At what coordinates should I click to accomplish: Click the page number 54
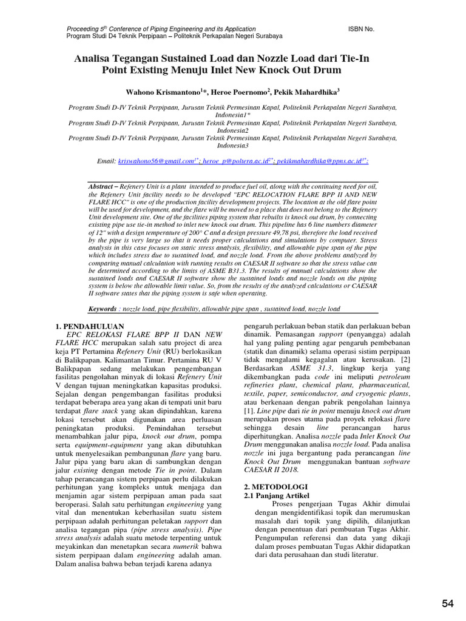pyautogui.click(x=448, y=603)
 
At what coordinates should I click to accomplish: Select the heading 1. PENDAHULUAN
pyautogui.click(x=90, y=326)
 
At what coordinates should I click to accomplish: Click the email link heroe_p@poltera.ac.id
pyautogui.click(x=237, y=162)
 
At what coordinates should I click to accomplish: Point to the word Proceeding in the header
pyautogui.click(x=84, y=29)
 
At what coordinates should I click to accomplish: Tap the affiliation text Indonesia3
pyautogui.click(x=233, y=146)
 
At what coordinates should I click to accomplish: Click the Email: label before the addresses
pyautogui.click(x=106, y=162)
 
